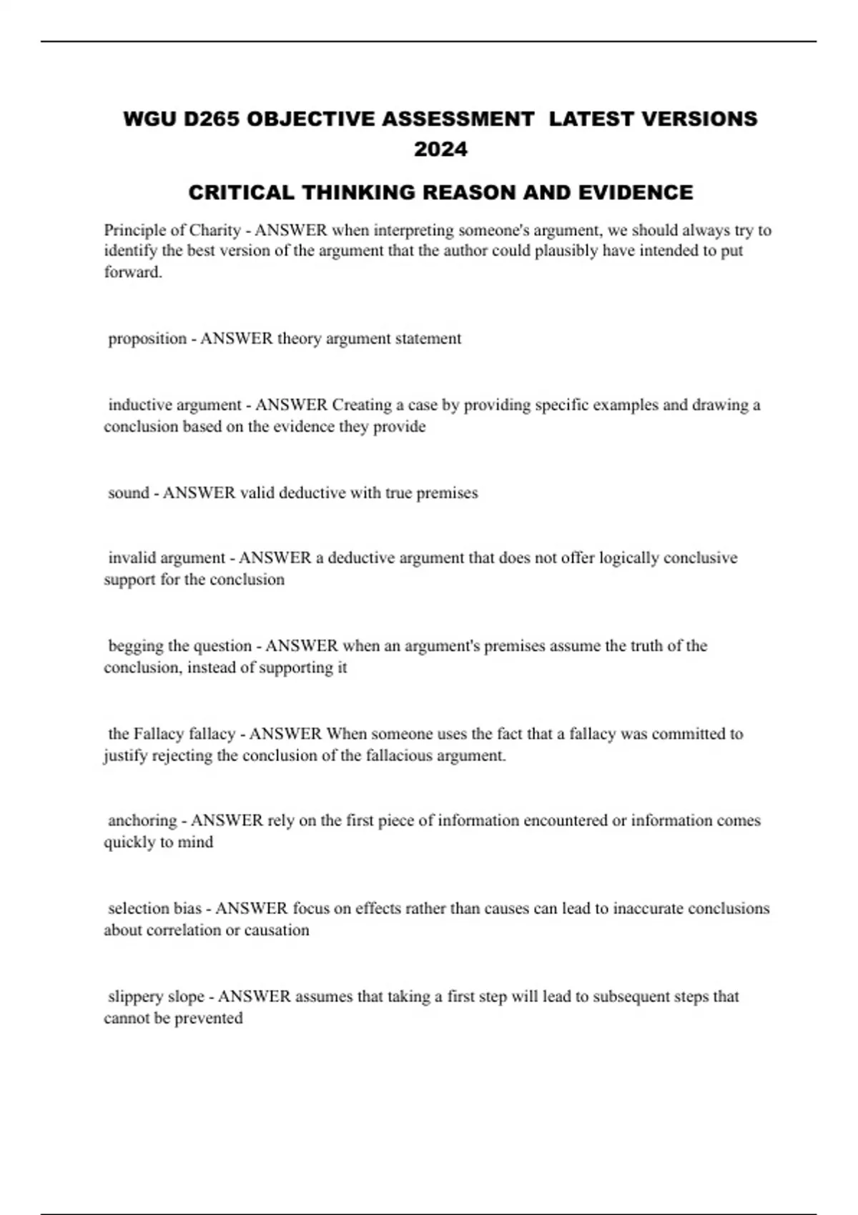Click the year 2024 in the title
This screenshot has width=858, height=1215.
coord(440,149)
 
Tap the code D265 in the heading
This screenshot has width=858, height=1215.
coord(211,119)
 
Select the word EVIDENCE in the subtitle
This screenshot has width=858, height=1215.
coord(636,192)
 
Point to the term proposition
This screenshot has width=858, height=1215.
coord(147,339)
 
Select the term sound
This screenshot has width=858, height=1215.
coord(129,493)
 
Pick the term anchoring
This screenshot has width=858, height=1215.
coord(142,820)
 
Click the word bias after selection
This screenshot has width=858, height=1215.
coord(187,908)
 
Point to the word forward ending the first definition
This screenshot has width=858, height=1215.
coord(132,272)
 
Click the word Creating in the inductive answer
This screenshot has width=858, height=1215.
coord(361,405)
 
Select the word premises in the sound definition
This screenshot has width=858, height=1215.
coord(447,493)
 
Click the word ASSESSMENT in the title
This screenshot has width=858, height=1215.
coord(458,119)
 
